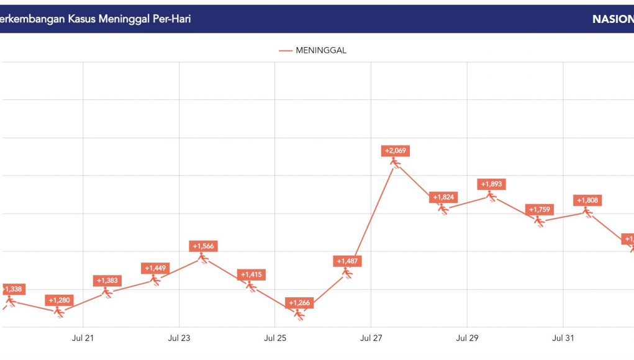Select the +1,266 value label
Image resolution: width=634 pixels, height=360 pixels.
tap(300, 304)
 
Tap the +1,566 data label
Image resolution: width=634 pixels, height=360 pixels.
tap(203, 246)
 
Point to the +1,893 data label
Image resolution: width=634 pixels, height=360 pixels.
tap(491, 184)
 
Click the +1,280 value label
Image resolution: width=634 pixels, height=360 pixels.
tap(60, 300)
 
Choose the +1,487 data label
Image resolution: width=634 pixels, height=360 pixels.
tap(347, 261)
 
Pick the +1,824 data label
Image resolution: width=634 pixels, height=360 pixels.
tap(443, 197)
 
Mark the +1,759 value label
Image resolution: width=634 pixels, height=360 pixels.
tap(539, 210)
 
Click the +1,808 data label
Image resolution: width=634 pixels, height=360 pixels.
tap(587, 200)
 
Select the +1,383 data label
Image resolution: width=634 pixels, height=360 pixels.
tap(107, 281)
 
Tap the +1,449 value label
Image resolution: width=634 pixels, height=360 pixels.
tap(155, 268)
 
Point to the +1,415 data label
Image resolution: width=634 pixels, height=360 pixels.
tap(251, 274)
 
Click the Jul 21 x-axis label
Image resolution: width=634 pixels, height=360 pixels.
tap(83, 338)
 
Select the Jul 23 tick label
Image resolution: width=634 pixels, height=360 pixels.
tap(179, 338)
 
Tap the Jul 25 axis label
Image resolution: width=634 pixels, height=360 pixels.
tap(275, 338)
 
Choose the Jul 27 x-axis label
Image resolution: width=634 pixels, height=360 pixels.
tap(371, 338)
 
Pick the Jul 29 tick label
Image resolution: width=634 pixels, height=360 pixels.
tap(467, 338)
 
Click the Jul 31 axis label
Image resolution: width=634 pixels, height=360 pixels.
tap(563, 338)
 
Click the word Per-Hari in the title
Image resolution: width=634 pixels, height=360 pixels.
tap(171, 19)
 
